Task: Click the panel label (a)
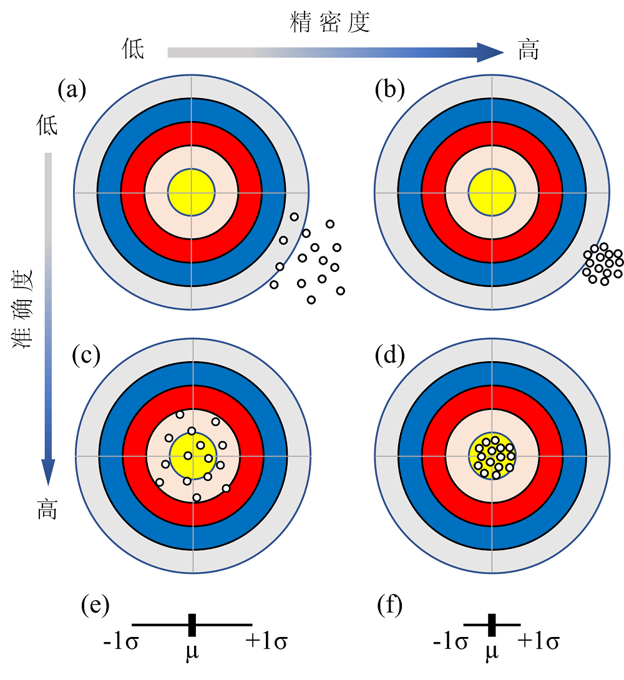(x=72, y=90)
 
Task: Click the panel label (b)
(x=389, y=90)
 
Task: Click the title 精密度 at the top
(x=330, y=23)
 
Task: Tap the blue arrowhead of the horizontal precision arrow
(x=490, y=52)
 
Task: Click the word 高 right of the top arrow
(x=528, y=50)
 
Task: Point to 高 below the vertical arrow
(x=47, y=509)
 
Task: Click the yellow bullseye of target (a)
(x=191, y=192)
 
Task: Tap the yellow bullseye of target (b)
(x=492, y=192)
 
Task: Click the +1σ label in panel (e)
(x=266, y=642)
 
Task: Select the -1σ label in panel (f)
(x=451, y=642)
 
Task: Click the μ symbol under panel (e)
(x=193, y=651)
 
